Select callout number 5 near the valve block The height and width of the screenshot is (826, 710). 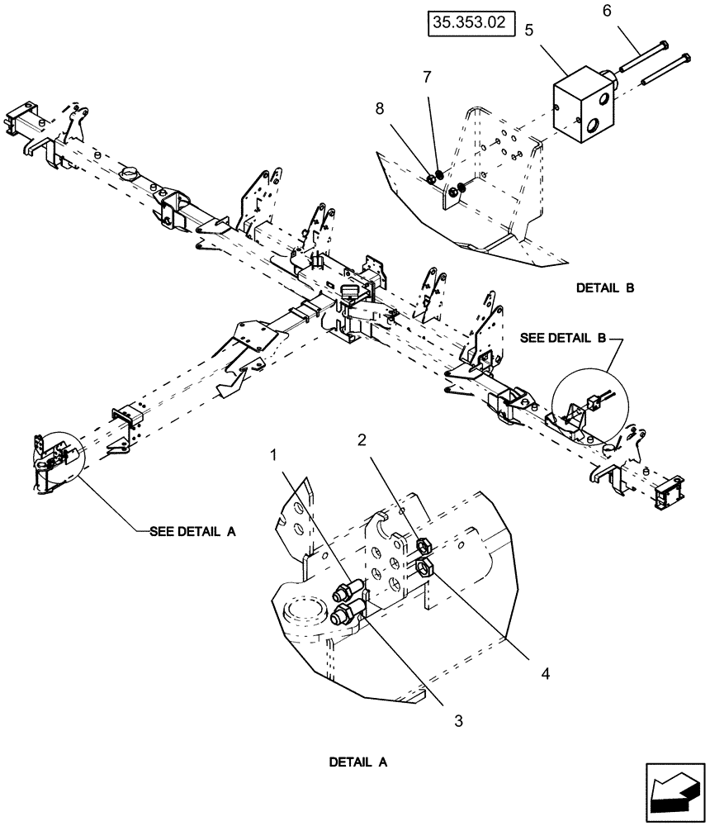pyautogui.click(x=528, y=30)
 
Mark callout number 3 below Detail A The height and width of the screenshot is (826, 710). pyautogui.click(x=459, y=720)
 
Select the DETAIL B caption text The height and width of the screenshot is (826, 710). pyautogui.click(x=606, y=287)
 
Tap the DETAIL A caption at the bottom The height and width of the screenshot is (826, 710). pyautogui.click(x=358, y=762)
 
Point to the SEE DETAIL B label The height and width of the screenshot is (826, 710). pyautogui.click(x=565, y=338)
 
